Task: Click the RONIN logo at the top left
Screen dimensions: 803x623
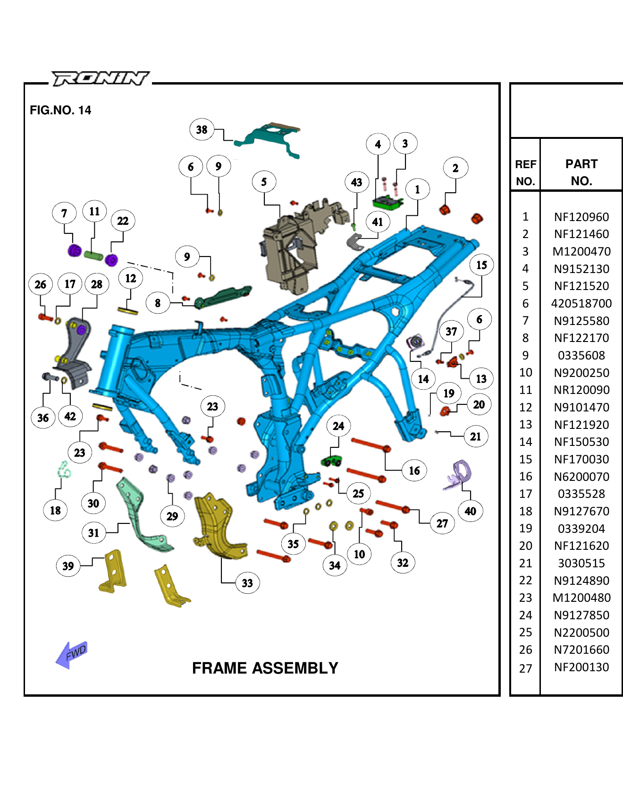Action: [x=100, y=78]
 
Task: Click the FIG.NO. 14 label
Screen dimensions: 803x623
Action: [x=60, y=110]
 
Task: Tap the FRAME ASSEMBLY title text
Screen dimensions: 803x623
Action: [x=265, y=668]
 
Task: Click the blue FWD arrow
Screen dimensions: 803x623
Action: [x=72, y=654]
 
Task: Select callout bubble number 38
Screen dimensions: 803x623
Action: [x=202, y=129]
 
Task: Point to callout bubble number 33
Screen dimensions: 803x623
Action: [x=247, y=583]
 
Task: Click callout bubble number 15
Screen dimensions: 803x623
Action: [x=481, y=265]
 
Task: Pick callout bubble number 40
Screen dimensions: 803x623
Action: [x=470, y=511]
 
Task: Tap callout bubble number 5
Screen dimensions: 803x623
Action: [x=264, y=182]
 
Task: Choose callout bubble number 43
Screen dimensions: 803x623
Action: [x=356, y=182]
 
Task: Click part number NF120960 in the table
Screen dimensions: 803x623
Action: [x=581, y=217]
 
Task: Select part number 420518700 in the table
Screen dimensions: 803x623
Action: [x=581, y=303]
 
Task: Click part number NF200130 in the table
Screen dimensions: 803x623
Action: [x=581, y=667]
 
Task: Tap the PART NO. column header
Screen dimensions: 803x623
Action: [x=581, y=172]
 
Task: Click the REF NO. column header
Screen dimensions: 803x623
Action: [x=525, y=172]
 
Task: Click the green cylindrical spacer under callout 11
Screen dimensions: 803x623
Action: [x=93, y=256]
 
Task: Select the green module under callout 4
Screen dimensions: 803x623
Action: [x=387, y=203]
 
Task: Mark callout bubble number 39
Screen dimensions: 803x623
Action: [x=68, y=566]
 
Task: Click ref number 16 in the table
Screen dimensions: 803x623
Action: [x=525, y=477]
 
